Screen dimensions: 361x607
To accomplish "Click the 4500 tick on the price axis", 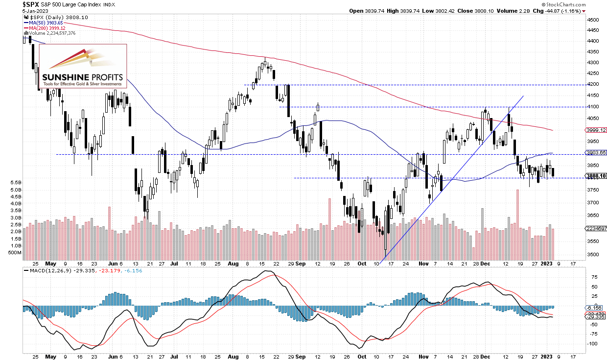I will pyautogui.click(x=593, y=20).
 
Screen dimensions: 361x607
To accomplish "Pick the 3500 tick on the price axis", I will pyautogui.click(x=593, y=255).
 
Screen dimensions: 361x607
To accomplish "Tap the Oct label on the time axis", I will pyautogui.click(x=363, y=263).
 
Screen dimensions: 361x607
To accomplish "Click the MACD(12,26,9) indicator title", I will pyautogui.click(x=47, y=270).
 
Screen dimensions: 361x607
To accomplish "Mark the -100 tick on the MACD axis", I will pyautogui.click(x=593, y=343).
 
